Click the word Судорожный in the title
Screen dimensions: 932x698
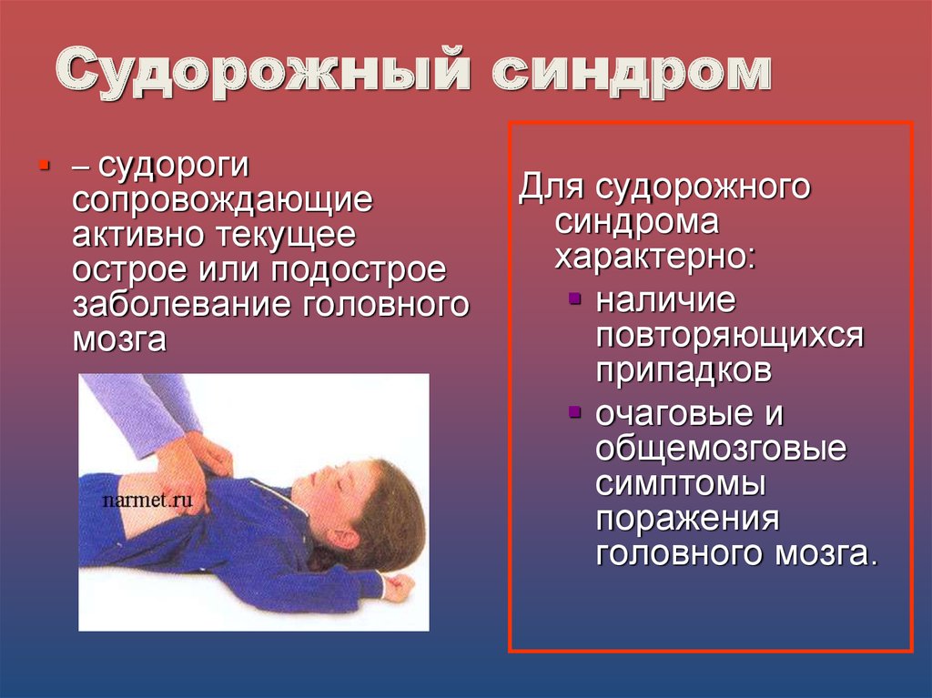(263, 71)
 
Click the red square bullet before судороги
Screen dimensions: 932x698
(44, 164)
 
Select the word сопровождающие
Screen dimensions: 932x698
(222, 201)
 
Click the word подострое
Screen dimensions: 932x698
(359, 270)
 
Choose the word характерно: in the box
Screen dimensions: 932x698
(655, 257)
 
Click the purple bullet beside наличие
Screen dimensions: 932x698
(574, 298)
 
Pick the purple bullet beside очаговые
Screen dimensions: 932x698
(574, 411)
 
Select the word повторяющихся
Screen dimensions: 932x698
(729, 336)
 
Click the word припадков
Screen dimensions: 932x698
(684, 370)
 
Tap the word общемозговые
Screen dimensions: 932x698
(721, 449)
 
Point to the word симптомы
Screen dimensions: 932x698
(681, 484)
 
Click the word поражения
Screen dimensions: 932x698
(687, 519)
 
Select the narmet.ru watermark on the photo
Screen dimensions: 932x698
(147, 500)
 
